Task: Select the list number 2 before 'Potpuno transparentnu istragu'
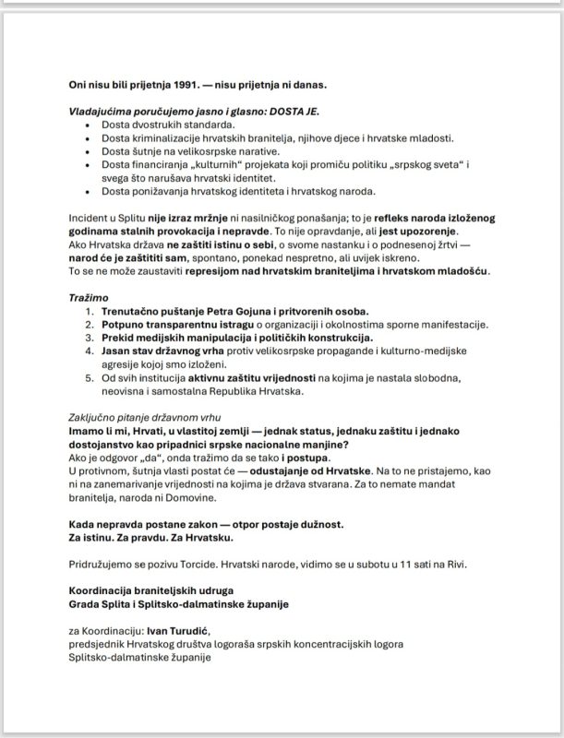click(x=90, y=327)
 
